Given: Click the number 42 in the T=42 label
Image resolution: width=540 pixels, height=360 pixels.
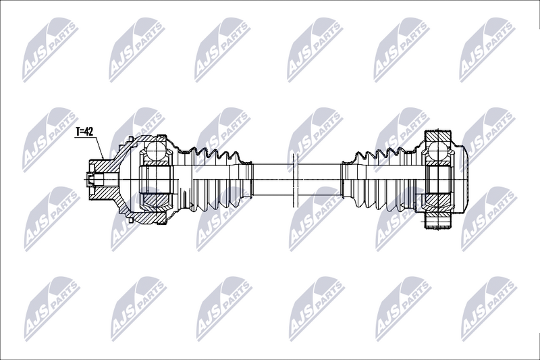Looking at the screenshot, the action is click(x=89, y=131).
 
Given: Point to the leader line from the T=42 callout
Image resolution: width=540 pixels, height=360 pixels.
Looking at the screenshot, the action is click(x=98, y=147).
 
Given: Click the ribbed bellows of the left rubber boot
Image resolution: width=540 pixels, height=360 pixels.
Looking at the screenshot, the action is click(x=216, y=180).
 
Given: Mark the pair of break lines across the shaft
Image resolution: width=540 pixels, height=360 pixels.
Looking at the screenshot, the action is click(x=294, y=180).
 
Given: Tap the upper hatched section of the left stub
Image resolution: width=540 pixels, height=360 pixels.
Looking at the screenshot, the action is click(x=103, y=166).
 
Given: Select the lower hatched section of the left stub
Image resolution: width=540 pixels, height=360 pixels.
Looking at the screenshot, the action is click(x=103, y=193).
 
